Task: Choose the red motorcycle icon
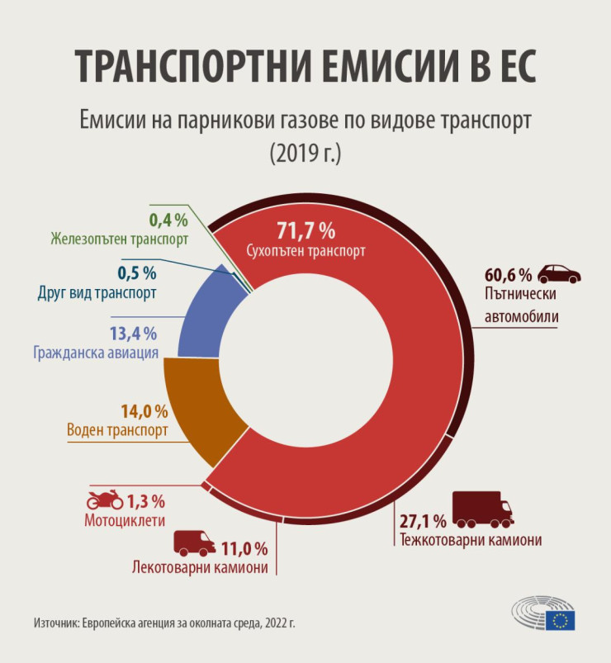point(105,500)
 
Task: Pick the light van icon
point(194,543)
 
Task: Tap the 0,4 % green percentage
point(168,220)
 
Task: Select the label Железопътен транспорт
point(119,239)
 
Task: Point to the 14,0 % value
point(145,411)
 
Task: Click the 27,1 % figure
point(423,521)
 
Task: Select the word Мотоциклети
point(125,521)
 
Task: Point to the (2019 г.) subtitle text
point(305,153)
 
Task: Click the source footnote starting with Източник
point(164,622)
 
